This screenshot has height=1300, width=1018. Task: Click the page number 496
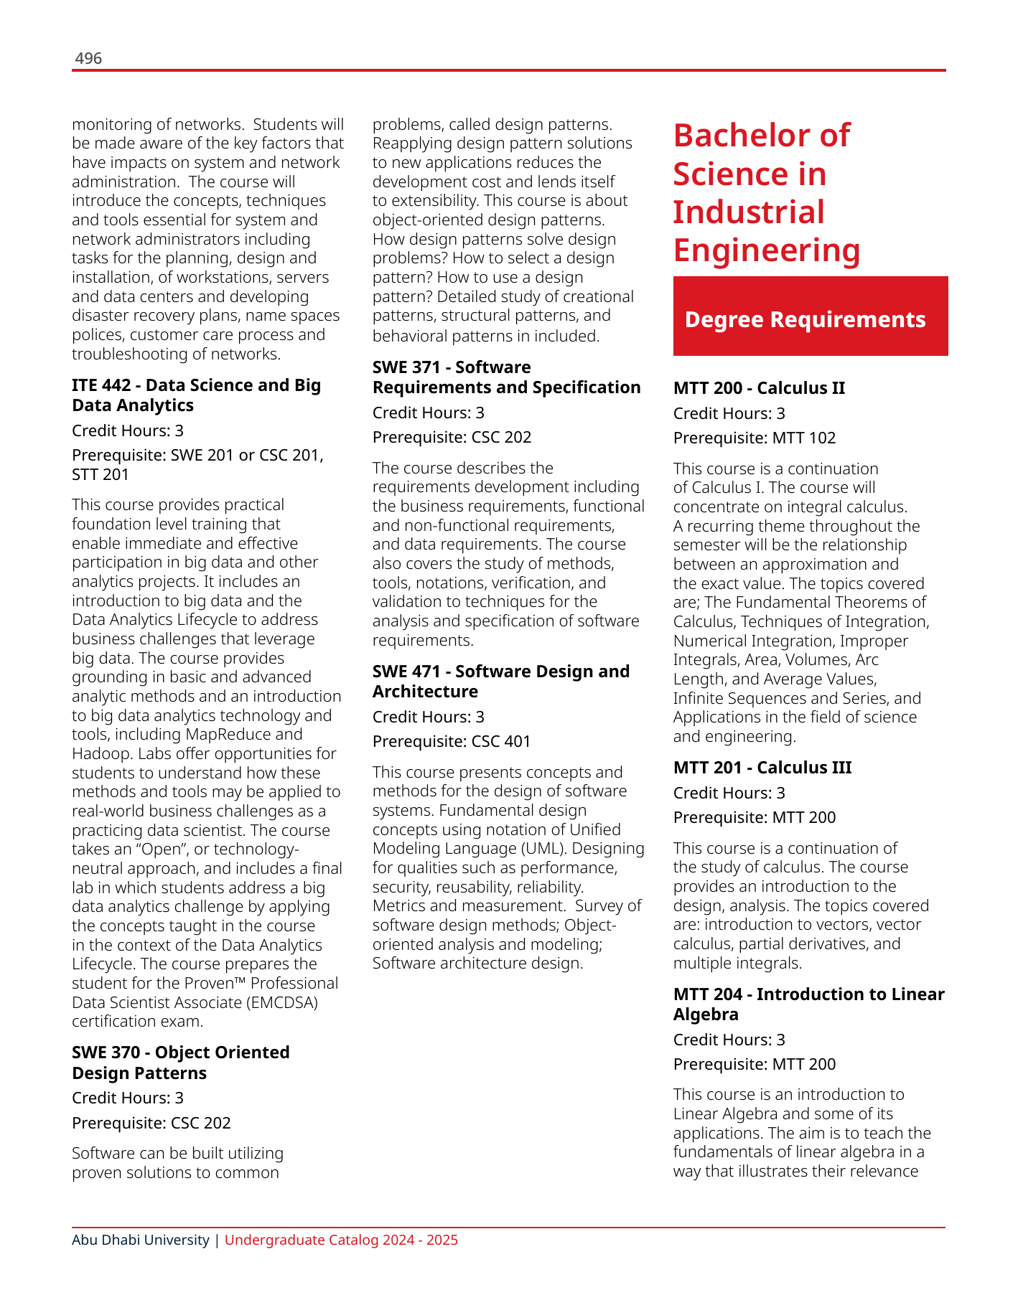click(x=88, y=58)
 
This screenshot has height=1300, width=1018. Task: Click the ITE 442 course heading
click(x=196, y=395)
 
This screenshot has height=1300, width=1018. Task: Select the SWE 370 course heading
click(x=180, y=1063)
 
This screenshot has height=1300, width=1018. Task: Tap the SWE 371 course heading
click(x=506, y=377)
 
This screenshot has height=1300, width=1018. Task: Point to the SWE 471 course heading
click(x=500, y=682)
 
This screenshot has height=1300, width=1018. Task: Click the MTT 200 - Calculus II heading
click(x=759, y=388)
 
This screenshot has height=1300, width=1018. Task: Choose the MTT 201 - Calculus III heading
click(x=762, y=768)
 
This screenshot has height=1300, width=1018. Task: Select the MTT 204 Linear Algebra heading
click(x=808, y=1004)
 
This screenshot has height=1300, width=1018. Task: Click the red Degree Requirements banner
click(x=810, y=316)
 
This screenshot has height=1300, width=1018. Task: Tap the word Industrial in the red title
click(x=749, y=212)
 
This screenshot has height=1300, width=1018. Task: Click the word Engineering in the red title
click(x=767, y=250)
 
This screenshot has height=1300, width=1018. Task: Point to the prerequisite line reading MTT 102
click(x=755, y=438)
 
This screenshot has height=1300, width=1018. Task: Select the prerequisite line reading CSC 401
click(x=452, y=742)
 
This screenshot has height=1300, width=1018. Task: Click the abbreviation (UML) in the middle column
click(x=531, y=849)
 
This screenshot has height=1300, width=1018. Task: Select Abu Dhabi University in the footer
click(x=141, y=1240)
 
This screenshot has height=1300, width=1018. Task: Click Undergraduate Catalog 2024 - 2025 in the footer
click(x=341, y=1240)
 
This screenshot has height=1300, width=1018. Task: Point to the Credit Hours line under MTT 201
click(x=729, y=793)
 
